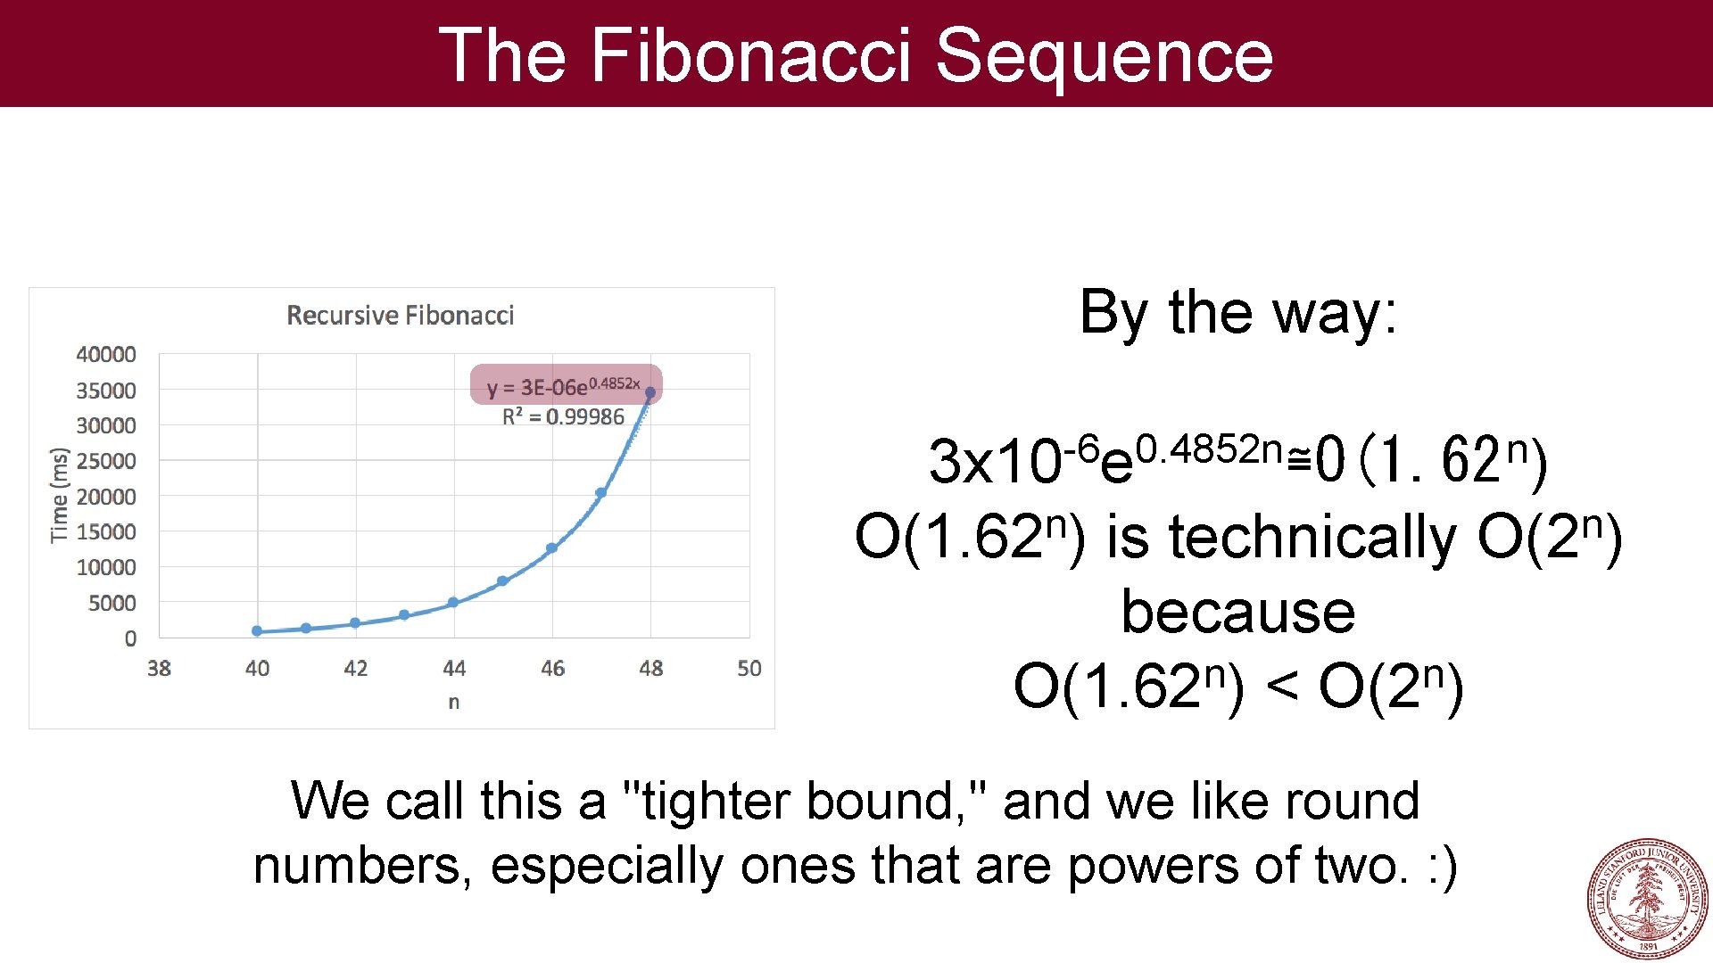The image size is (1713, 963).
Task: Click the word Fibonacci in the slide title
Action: pos(749,55)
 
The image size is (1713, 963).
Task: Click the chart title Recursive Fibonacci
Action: pos(400,316)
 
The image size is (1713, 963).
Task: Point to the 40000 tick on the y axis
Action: pos(106,355)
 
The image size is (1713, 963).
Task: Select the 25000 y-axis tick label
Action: pos(106,461)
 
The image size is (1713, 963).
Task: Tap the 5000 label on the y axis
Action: pos(112,604)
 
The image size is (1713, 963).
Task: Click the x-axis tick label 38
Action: pos(159,669)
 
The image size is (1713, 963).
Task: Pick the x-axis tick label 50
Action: pos(749,669)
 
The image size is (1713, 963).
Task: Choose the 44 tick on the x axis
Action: pos(454,669)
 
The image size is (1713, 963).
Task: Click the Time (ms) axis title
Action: pos(59,495)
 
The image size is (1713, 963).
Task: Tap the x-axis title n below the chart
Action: pos(454,703)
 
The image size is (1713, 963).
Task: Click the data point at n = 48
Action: pos(650,392)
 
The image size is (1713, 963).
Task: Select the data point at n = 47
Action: pos(601,492)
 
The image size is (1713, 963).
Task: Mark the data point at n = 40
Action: pos(257,631)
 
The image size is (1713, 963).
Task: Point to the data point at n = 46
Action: pos(551,548)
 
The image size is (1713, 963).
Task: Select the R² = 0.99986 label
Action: pos(563,417)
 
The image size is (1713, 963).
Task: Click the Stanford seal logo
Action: pos(1647,898)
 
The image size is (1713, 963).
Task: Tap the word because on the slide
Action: pos(1238,613)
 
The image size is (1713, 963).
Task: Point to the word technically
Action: pos(1313,538)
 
